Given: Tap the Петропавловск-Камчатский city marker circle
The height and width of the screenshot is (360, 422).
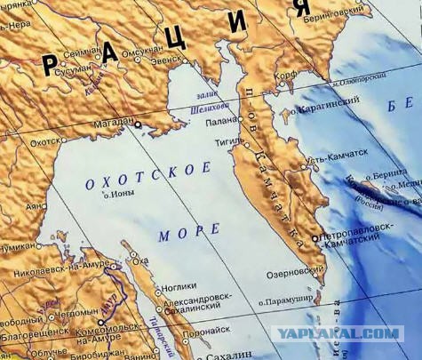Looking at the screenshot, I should tap(317, 237).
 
